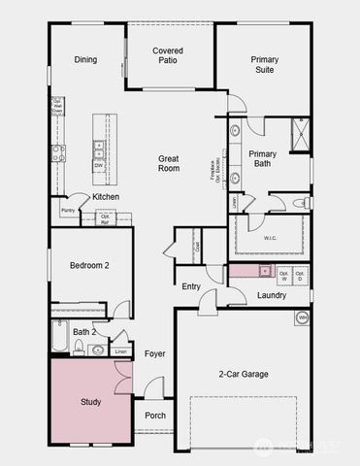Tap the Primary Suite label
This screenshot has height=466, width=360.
tap(264, 64)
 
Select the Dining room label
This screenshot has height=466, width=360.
tap(85, 59)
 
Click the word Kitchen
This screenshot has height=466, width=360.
tap(106, 197)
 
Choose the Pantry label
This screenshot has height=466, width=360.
tap(69, 211)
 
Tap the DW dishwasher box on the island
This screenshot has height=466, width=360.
tap(99, 165)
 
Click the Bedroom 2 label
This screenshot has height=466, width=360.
tap(88, 265)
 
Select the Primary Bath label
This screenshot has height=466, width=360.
tap(263, 159)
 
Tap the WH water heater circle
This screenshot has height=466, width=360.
tap(302, 317)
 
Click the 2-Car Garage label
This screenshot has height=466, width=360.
tap(242, 374)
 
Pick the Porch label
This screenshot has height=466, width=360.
tap(154, 416)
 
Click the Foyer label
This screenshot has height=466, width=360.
tap(155, 354)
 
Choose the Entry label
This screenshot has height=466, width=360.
tap(191, 285)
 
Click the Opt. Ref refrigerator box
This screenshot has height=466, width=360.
tap(105, 219)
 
